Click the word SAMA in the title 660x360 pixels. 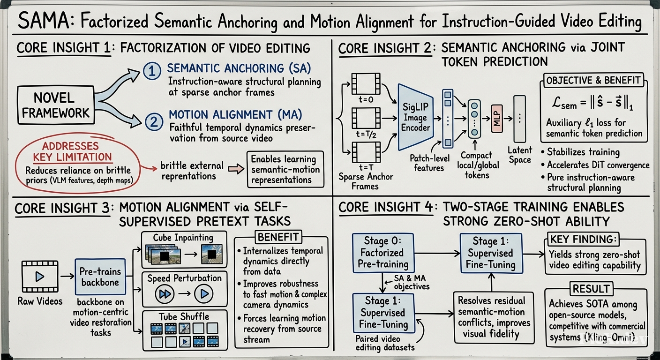(x=44, y=21)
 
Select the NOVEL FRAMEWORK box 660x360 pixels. (x=56, y=105)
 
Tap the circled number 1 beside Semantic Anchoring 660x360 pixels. (x=152, y=71)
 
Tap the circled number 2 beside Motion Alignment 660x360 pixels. (x=154, y=122)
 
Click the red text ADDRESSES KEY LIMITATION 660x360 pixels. (x=73, y=151)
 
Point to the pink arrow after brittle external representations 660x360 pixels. (x=236, y=169)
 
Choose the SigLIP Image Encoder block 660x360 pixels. (x=415, y=117)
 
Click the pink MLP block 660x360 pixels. (x=497, y=119)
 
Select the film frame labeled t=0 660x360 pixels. (x=366, y=84)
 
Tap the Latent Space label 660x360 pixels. (x=520, y=155)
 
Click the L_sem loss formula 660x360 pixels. (x=592, y=104)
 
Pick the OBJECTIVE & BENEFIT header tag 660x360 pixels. (x=593, y=80)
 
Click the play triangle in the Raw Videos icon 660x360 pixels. (x=40, y=277)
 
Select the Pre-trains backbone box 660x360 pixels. (x=100, y=277)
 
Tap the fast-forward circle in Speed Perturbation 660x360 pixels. (x=165, y=294)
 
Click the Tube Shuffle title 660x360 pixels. (x=184, y=317)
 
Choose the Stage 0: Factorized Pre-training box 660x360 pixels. (x=383, y=253)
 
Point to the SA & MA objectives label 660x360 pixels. (x=412, y=282)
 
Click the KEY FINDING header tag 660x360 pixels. (x=583, y=239)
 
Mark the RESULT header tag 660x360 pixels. (x=591, y=289)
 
